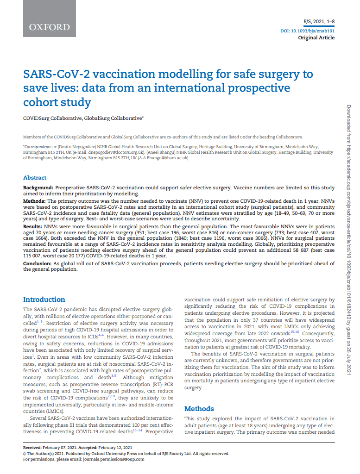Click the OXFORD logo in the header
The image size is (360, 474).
[49, 27]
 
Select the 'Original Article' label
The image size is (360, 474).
[316, 37]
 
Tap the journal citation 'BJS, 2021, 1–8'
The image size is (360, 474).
[318, 22]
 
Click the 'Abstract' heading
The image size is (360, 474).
[35, 178]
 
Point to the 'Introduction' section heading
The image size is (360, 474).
[44, 299]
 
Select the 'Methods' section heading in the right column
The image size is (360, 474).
[199, 409]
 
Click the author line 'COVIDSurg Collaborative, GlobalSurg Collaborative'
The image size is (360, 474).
[83, 118]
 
